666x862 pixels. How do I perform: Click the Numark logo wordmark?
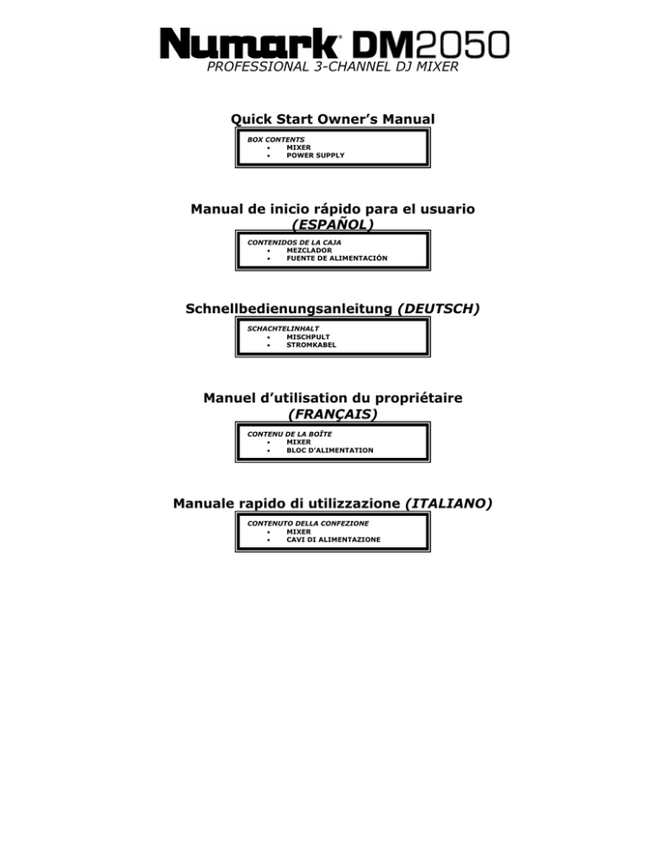click(250, 43)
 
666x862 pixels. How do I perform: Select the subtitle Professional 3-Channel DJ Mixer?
click(332, 67)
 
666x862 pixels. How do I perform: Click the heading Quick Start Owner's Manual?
click(333, 119)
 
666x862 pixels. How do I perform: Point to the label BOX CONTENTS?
click(276, 140)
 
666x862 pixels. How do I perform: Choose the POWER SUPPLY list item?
click(315, 155)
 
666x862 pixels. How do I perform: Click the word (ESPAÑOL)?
click(333, 225)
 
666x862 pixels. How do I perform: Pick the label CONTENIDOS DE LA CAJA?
click(294, 243)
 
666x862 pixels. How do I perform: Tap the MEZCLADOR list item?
click(309, 250)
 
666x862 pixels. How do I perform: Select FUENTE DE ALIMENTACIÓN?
click(336, 258)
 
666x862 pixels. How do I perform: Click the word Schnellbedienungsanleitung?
click(289, 309)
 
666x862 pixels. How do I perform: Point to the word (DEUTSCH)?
click(438, 309)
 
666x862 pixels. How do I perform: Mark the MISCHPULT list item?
click(308, 337)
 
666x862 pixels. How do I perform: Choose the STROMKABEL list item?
click(310, 345)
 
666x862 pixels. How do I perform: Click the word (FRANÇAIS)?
click(333, 414)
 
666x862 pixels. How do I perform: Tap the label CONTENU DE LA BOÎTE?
click(290, 434)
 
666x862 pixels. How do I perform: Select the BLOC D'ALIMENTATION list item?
click(330, 450)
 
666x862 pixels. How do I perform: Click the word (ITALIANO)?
click(448, 504)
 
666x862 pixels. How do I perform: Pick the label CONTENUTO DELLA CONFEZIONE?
click(308, 524)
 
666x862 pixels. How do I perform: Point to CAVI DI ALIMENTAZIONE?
click(333, 540)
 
